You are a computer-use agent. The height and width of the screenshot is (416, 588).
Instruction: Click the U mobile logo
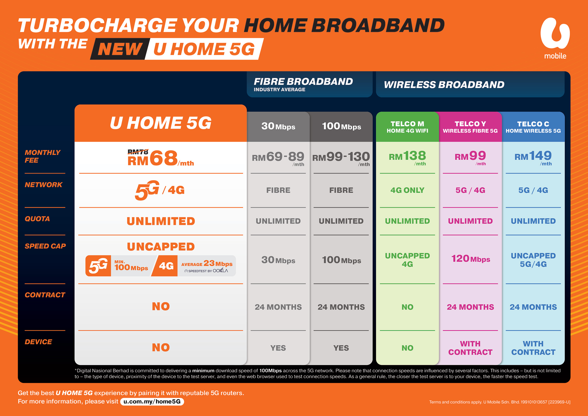pyautogui.click(x=555, y=38)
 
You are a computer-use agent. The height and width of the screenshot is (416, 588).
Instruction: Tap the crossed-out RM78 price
pyautogui.click(x=138, y=152)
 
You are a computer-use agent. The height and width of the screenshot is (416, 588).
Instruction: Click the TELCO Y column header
pyautogui.click(x=470, y=127)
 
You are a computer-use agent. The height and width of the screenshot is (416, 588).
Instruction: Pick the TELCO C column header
pyautogui.click(x=533, y=127)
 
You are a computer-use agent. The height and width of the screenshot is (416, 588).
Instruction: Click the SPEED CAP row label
pyautogui.click(x=45, y=246)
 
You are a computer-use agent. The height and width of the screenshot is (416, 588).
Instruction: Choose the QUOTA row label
pyautogui.click(x=37, y=219)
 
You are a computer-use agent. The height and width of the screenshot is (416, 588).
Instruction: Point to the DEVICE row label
pyautogui.click(x=38, y=342)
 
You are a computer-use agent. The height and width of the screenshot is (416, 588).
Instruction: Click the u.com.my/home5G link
pyautogui.click(x=152, y=401)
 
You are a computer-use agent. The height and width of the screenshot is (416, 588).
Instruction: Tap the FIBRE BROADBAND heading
pyautogui.click(x=303, y=81)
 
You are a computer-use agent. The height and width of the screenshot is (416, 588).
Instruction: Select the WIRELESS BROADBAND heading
pyautogui.click(x=444, y=85)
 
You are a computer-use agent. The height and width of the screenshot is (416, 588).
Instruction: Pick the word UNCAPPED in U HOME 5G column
pyautogui.click(x=161, y=247)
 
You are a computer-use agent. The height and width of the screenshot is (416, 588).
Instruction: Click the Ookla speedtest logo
pyautogui.click(x=206, y=271)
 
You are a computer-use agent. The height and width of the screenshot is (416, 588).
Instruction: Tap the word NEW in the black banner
pyautogui.click(x=120, y=49)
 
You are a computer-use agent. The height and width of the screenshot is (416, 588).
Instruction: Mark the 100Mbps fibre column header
pyautogui.click(x=341, y=126)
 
